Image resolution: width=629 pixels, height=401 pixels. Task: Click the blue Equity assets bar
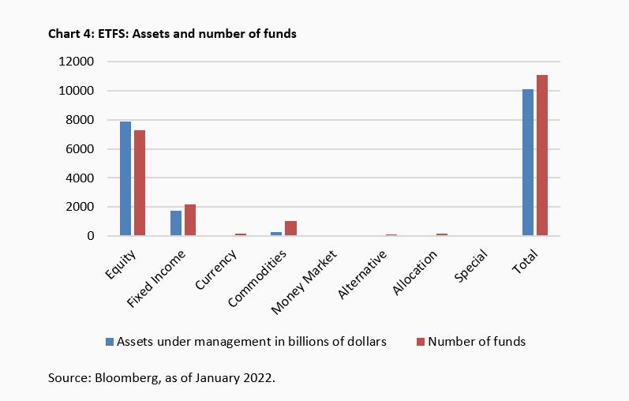tap(125, 178)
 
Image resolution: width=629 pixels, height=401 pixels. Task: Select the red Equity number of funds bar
tap(140, 183)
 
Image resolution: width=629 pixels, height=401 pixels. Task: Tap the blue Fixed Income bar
tap(176, 223)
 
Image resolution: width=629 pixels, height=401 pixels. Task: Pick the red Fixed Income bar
tap(190, 220)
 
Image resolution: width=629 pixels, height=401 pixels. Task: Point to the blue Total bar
tap(528, 163)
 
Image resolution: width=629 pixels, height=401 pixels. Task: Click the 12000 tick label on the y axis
tap(77, 62)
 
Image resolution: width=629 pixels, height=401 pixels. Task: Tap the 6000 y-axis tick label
tap(80, 149)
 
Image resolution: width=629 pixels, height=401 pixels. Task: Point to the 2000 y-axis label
tap(80, 207)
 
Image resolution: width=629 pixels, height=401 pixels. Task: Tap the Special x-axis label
tap(472, 265)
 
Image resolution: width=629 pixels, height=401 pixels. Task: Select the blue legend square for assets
tap(110, 342)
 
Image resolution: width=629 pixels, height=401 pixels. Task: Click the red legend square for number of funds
tap(421, 342)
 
